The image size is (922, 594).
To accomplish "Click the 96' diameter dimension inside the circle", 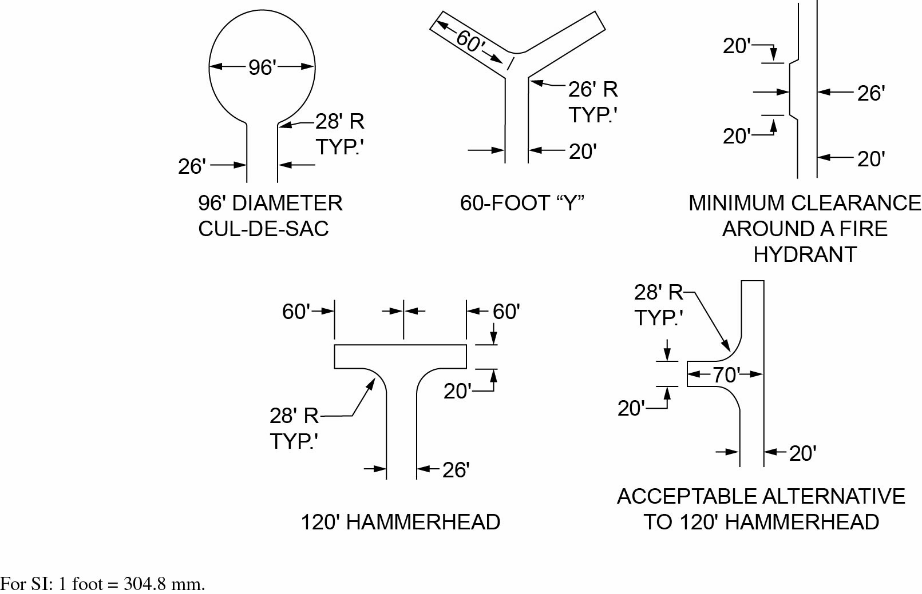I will (262, 67).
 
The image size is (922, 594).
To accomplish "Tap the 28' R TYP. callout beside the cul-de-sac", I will (339, 134).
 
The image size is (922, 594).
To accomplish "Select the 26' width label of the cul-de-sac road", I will (192, 166).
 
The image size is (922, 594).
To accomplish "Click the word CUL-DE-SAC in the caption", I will (263, 229).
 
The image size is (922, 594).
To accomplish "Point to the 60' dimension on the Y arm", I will (470, 41).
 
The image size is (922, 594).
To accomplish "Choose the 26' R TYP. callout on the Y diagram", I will (593, 102).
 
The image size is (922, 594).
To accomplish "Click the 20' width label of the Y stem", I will (583, 152).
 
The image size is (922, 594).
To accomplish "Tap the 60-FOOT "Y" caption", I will (522, 203).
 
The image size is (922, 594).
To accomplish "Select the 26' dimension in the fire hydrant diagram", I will (870, 93).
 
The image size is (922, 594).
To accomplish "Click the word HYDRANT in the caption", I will (805, 254).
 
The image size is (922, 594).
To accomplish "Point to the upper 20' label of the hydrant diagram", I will (737, 46).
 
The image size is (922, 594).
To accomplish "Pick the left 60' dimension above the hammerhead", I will (296, 312).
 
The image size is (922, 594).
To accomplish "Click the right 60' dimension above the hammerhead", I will (506, 312).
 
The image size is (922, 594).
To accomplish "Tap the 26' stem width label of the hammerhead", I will (456, 470).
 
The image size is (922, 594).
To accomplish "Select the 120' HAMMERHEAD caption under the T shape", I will (401, 522).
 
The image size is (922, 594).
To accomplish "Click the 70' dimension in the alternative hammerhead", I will (725, 375).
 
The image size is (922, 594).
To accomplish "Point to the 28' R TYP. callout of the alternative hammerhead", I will (659, 305).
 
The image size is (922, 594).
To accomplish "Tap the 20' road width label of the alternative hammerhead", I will (802, 453).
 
